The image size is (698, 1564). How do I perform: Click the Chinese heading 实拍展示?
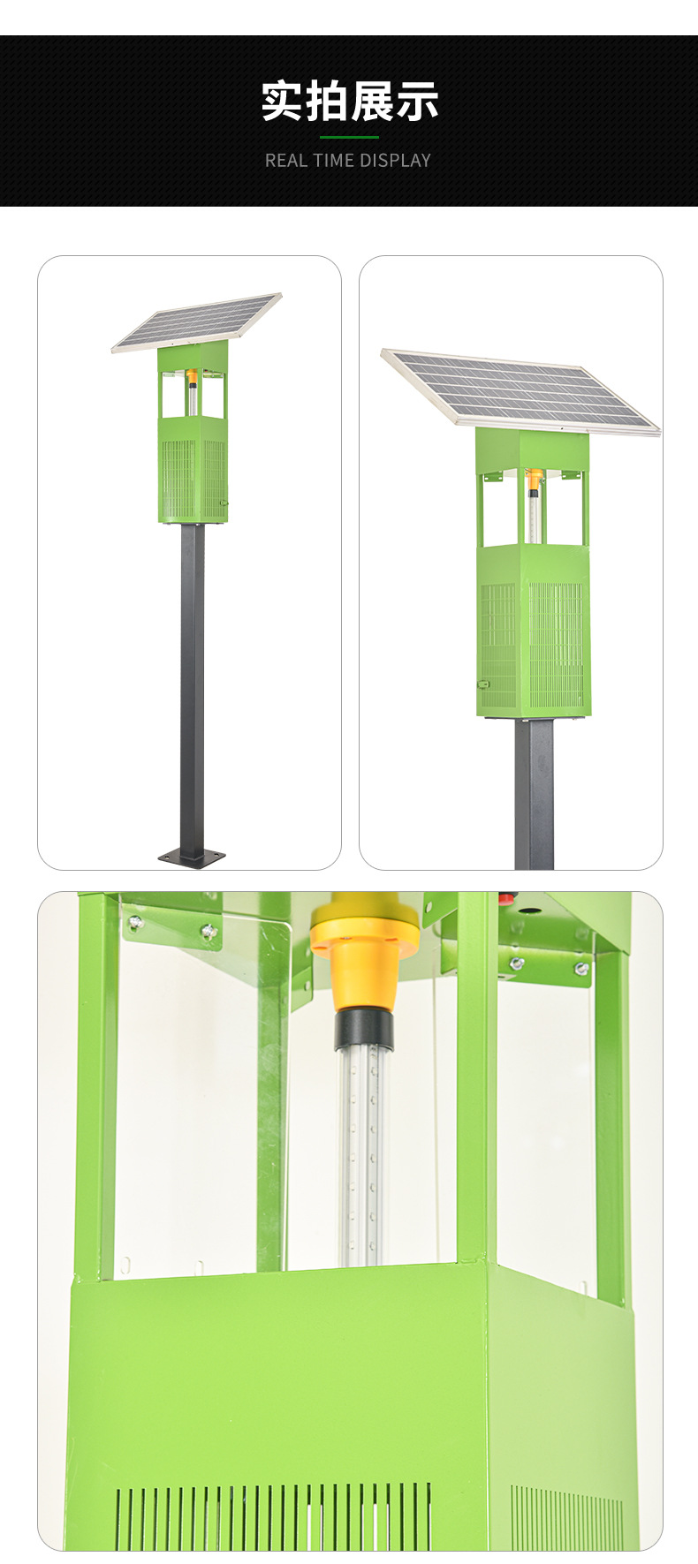point(349,102)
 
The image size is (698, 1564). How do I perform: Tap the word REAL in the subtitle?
point(285,161)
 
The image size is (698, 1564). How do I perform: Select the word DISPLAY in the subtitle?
point(395,161)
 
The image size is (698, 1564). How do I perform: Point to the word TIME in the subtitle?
point(332,161)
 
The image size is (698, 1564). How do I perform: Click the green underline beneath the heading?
point(349,138)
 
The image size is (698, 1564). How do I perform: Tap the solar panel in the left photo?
point(197,322)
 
